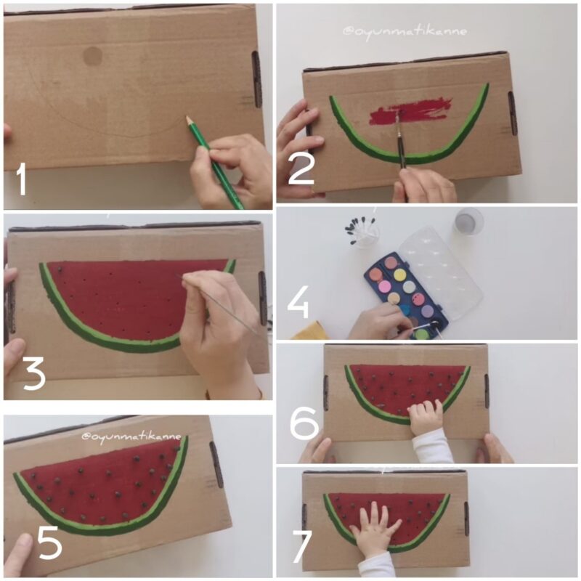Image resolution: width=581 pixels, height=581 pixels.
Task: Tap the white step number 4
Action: pos(298,304)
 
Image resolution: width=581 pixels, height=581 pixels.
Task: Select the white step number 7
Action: pos(301,547)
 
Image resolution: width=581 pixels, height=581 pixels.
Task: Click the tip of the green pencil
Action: pos(188,118)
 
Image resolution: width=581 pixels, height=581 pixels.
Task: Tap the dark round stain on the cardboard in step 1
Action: pos(92,56)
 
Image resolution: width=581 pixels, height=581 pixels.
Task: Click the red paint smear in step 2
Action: pos(410,110)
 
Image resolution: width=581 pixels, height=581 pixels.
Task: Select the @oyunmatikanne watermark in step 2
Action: pos(405,32)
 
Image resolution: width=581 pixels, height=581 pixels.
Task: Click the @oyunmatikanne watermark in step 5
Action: pos(131,436)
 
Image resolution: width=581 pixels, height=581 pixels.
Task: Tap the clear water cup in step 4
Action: pos(469,222)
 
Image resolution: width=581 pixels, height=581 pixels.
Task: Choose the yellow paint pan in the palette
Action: pos(400,275)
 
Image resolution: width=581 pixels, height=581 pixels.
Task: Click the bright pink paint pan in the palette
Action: pos(384,286)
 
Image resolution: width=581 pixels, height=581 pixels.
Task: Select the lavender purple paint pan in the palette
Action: pos(427,310)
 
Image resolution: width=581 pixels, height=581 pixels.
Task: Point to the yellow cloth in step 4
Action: pos(310,331)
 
